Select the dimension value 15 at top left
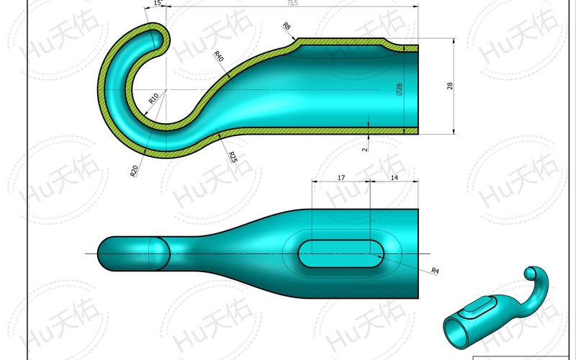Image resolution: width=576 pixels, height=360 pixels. click(157, 4)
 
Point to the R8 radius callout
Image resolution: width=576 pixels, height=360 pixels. click(287, 27)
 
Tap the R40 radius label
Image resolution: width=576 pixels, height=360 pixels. click(219, 57)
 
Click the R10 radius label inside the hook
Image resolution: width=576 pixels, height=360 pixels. click(153, 98)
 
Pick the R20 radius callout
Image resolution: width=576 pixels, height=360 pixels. click(135, 170)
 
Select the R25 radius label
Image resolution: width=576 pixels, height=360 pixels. click(233, 157)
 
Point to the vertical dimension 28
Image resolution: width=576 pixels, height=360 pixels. click(450, 86)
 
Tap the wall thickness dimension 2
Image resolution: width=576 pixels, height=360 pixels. click(364, 148)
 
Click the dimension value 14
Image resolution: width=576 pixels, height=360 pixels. click(393, 176)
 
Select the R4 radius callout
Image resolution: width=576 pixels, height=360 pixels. click(434, 270)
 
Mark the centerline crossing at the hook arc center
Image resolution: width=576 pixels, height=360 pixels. click(166, 89)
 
